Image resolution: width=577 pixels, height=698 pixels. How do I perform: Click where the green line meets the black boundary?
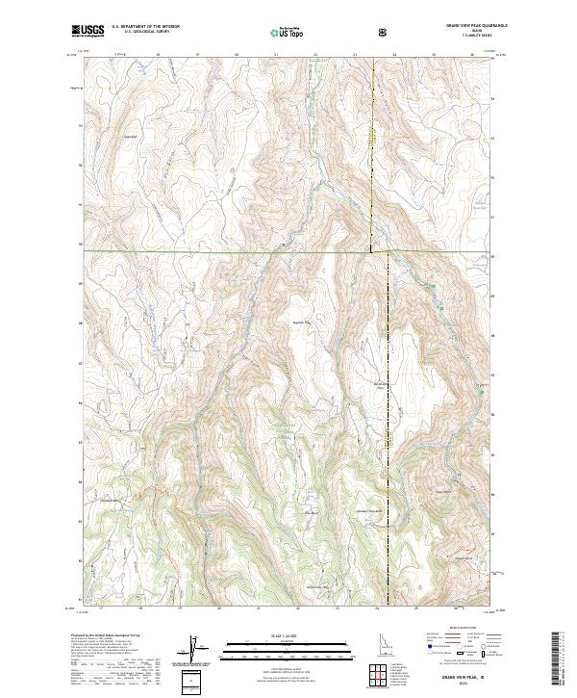point(374,252)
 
